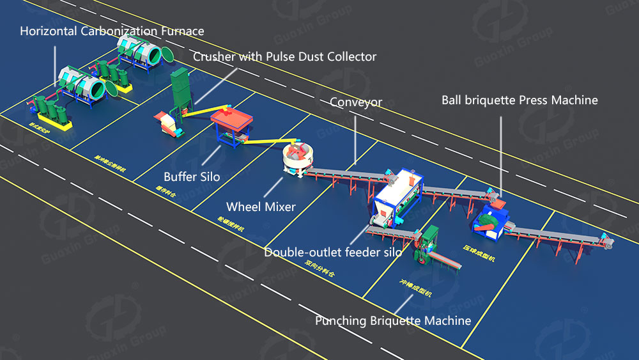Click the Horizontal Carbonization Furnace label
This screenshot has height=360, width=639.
(112, 31)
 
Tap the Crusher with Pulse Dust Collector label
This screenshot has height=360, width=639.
(284, 57)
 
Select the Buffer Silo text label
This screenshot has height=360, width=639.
(192, 176)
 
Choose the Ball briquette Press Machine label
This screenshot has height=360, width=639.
(520, 100)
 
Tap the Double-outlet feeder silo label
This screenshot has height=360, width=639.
(333, 252)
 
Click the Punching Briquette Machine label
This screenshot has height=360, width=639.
(393, 320)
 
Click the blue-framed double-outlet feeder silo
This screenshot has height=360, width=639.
(397, 196)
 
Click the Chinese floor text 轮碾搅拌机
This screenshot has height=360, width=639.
(231, 226)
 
